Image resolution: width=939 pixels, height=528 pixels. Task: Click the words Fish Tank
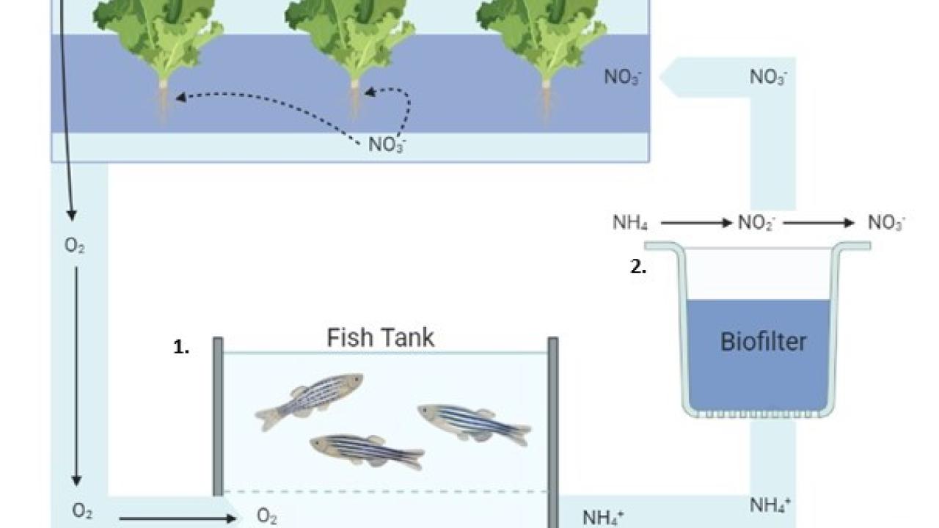pyautogui.click(x=380, y=338)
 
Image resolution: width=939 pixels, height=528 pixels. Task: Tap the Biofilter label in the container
pyautogui.click(x=763, y=342)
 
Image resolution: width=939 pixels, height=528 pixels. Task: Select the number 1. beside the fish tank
pyautogui.click(x=181, y=348)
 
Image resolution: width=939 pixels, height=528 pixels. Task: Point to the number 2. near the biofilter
pyautogui.click(x=638, y=268)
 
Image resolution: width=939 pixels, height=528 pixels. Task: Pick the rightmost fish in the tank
pyautogui.click(x=474, y=423)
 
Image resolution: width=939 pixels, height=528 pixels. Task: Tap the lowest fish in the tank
pyautogui.click(x=366, y=449)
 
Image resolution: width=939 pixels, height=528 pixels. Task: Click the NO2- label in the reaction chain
pyautogui.click(x=756, y=222)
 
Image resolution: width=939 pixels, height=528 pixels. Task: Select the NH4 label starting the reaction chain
pyautogui.click(x=630, y=222)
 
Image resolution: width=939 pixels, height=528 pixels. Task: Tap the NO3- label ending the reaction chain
pyautogui.click(x=886, y=222)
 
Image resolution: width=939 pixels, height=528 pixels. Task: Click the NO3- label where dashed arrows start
pyautogui.click(x=387, y=144)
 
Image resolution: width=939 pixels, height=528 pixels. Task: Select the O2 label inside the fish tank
pyautogui.click(x=267, y=517)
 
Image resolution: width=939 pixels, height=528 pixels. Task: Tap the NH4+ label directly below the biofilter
pyautogui.click(x=770, y=505)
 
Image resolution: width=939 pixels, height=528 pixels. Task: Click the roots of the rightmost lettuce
pyautogui.click(x=547, y=99)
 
